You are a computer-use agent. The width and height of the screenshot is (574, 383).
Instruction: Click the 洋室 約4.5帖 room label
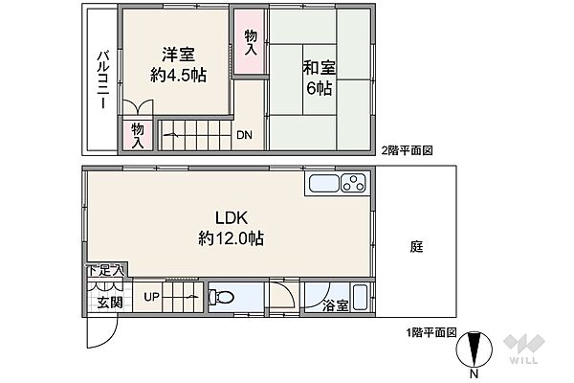[180, 65]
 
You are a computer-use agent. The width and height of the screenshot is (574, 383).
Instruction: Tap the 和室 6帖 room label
[320, 78]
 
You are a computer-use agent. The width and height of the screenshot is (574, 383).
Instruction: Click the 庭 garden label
[417, 246]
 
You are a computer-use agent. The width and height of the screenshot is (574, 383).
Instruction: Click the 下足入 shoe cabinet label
[105, 272]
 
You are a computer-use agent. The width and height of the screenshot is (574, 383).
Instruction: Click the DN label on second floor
[245, 135]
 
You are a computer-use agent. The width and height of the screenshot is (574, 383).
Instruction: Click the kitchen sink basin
[323, 184]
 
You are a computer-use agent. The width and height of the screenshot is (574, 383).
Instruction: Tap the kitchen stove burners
[353, 183]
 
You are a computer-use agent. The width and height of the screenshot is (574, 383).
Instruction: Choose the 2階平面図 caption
[408, 150]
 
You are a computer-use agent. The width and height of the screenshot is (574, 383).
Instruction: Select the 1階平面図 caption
[429, 332]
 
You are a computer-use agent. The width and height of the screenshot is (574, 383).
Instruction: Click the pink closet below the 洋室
[138, 134]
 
